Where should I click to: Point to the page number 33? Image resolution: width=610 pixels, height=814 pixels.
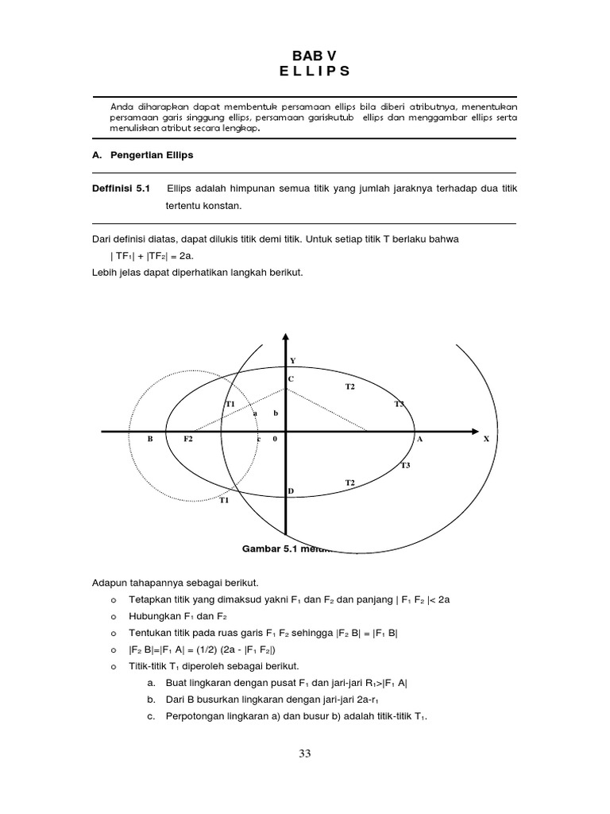point(305,754)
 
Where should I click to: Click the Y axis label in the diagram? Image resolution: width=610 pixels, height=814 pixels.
point(292,360)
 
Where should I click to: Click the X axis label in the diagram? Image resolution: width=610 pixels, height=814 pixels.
point(486,439)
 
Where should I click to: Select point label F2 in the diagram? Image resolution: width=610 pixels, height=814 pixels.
point(188,439)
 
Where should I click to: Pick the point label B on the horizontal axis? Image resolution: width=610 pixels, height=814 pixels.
point(149,439)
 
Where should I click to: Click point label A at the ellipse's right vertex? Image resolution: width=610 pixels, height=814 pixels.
point(419,439)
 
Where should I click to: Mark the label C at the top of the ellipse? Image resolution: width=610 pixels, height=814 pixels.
point(291,379)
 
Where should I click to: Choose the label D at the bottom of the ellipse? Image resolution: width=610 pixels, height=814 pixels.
point(291,491)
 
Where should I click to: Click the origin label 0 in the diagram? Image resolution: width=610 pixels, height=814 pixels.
point(274,439)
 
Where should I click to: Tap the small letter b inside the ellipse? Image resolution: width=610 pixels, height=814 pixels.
point(276,413)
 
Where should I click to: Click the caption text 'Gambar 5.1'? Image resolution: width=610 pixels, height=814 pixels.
point(270,548)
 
